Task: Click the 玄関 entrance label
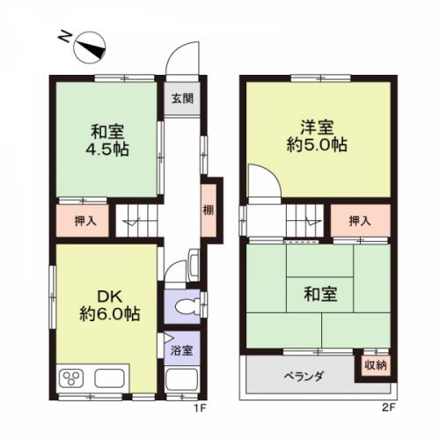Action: coord(182,99)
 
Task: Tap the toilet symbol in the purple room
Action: coord(187,307)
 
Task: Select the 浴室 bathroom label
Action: coord(182,350)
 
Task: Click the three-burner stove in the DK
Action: coord(71,378)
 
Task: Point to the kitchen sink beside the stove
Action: coord(109,378)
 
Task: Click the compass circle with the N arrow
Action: coord(90,48)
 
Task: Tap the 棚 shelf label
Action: coord(209,210)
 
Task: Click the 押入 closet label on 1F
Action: coord(85,221)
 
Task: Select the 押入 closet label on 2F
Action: coord(360,221)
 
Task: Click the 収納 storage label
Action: coord(376,365)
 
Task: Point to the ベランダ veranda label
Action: coord(304,376)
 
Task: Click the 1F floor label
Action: coord(201,407)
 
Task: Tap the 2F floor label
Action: coord(389,407)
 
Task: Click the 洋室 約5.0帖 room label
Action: coord(317,136)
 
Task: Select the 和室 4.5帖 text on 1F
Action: coord(107,141)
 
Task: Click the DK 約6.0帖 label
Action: coord(110,305)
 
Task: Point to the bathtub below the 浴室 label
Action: coord(181,379)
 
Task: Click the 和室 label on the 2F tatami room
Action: coord(320,294)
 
